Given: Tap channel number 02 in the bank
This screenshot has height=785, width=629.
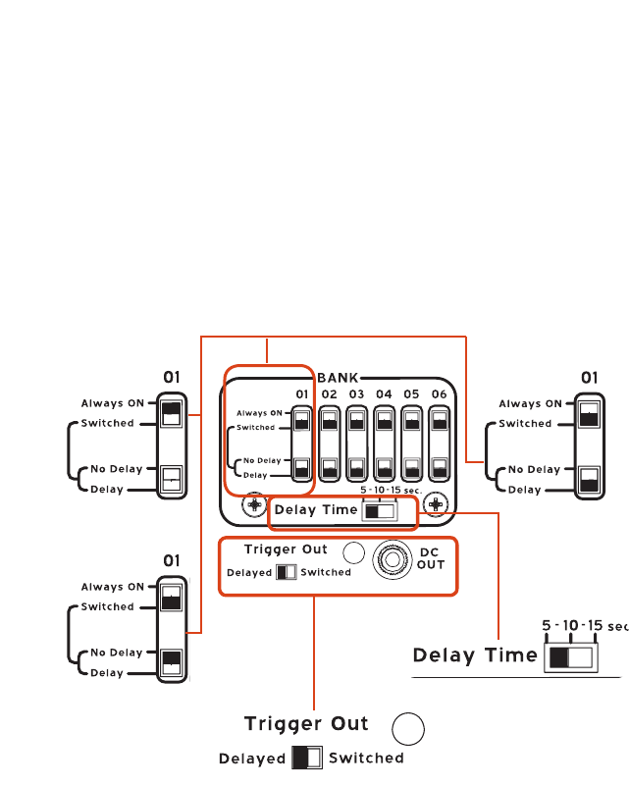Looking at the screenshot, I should click(x=330, y=394).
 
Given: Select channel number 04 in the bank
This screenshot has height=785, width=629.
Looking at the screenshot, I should click(x=385, y=394).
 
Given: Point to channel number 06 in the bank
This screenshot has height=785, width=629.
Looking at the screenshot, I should click(x=439, y=394).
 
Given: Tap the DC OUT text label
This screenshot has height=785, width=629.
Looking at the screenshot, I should click(x=432, y=558).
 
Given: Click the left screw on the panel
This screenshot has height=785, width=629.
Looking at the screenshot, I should click(x=254, y=504).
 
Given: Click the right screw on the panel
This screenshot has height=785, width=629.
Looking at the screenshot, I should click(x=436, y=504).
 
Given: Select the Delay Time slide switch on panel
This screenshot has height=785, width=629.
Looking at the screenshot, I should click(x=379, y=510).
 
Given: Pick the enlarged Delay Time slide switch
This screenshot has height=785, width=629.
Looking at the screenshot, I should click(x=570, y=655).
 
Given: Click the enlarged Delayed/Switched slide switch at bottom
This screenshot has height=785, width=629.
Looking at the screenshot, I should click(x=307, y=759).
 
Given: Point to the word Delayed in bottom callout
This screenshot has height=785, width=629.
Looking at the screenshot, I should click(x=252, y=759).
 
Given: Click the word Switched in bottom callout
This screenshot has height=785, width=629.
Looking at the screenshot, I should click(x=366, y=759).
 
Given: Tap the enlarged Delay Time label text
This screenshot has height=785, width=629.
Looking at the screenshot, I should click(x=475, y=655).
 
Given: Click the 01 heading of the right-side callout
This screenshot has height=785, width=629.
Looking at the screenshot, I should click(x=590, y=377).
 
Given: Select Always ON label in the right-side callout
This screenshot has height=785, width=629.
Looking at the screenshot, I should click(x=530, y=403).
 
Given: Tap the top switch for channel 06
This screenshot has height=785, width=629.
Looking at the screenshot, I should click(x=439, y=421).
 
